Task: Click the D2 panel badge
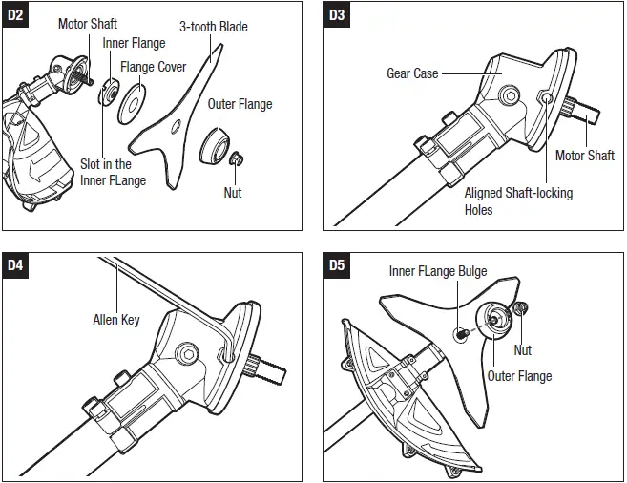click(x=15, y=15)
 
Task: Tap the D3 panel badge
click(x=336, y=15)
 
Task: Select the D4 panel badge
click(x=15, y=265)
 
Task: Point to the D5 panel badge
click(x=336, y=265)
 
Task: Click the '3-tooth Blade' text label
click(x=214, y=27)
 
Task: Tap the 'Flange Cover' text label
click(x=153, y=67)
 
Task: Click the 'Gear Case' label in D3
click(x=412, y=73)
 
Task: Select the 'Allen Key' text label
click(x=116, y=320)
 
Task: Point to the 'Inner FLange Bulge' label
click(x=438, y=271)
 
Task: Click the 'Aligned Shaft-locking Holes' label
click(x=518, y=201)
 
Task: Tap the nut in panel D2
click(x=237, y=158)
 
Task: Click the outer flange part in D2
click(x=215, y=145)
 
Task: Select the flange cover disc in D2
click(x=132, y=104)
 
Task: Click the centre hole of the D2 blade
click(x=176, y=127)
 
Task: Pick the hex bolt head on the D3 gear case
click(x=510, y=96)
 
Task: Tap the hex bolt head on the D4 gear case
click(x=187, y=353)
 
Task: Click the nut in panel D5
click(x=520, y=308)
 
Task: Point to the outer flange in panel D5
click(x=494, y=321)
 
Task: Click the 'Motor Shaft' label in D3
click(x=585, y=156)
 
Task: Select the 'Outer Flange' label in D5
click(x=519, y=376)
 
